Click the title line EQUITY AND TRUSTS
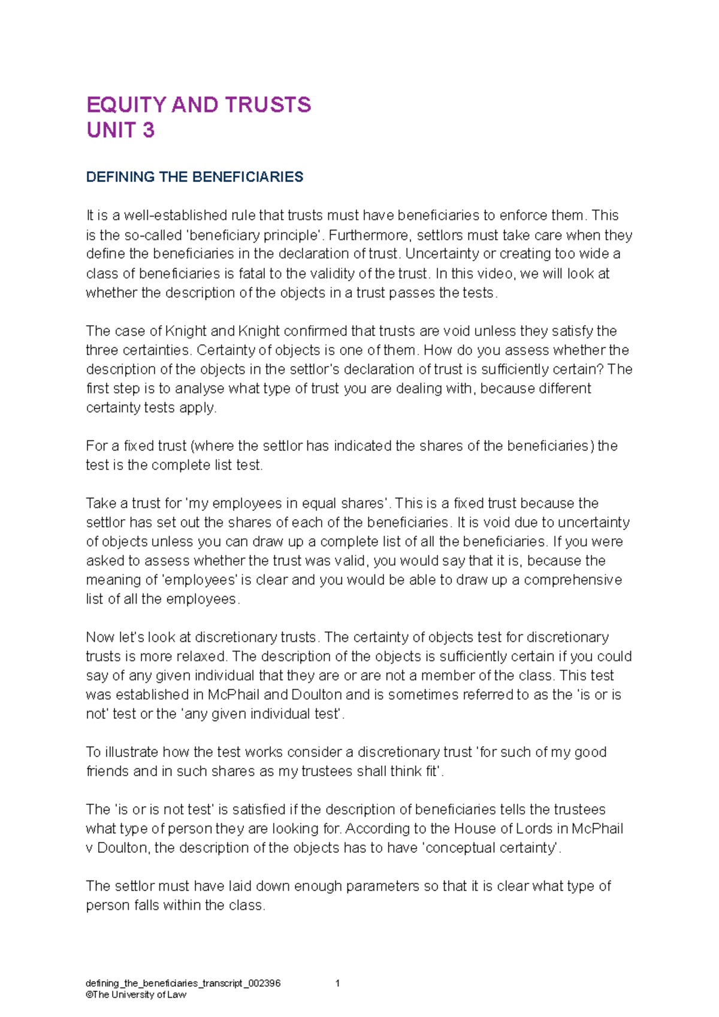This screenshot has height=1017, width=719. tap(198, 105)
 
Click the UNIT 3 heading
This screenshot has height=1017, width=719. tap(120, 130)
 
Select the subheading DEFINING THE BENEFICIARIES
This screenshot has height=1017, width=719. tap(195, 177)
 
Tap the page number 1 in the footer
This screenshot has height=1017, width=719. tap(338, 983)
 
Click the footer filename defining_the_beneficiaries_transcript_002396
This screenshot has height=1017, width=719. tap(183, 983)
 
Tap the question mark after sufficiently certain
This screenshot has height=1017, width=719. tap(602, 369)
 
